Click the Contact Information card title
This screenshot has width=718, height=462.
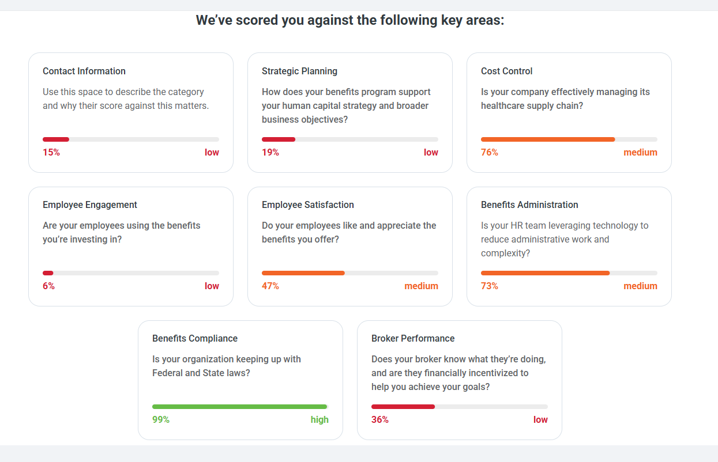tap(84, 71)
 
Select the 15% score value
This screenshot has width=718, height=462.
tap(51, 153)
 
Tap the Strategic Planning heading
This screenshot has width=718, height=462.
tap(299, 71)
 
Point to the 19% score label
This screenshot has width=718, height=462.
tap(270, 153)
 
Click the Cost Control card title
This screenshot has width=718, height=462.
tap(506, 71)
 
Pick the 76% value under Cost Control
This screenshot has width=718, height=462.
tap(490, 153)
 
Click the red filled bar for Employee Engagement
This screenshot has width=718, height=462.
tap(48, 273)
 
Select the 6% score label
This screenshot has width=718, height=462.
tap(48, 286)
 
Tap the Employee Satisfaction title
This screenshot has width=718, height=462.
tap(308, 205)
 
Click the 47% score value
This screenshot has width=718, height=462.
tap(270, 286)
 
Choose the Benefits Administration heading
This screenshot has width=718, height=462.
tap(529, 205)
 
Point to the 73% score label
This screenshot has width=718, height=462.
tap(490, 286)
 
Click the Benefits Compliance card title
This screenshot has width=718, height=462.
tap(195, 339)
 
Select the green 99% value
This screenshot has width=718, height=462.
tap(161, 420)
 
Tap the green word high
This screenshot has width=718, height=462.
tap(319, 420)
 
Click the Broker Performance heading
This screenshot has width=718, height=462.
tap(413, 339)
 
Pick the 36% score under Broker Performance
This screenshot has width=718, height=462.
tap(380, 420)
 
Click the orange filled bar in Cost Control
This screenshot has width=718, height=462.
tap(548, 139)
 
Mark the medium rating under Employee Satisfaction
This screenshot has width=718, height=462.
tap(421, 286)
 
